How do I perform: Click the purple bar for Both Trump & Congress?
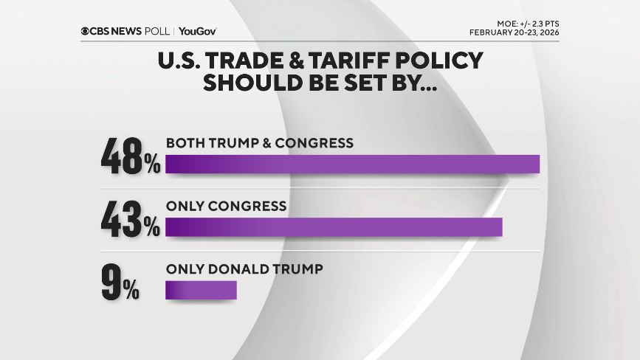(352, 164)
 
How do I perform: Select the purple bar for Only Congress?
(334, 227)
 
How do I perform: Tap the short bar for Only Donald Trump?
(201, 290)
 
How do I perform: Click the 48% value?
(130, 156)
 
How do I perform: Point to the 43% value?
(130, 219)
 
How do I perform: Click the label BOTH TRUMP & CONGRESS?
(260, 143)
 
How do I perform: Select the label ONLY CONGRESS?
(226, 206)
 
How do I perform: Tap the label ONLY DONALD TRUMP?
(244, 269)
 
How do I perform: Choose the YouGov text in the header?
(197, 31)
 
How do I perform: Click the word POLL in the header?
(158, 31)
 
